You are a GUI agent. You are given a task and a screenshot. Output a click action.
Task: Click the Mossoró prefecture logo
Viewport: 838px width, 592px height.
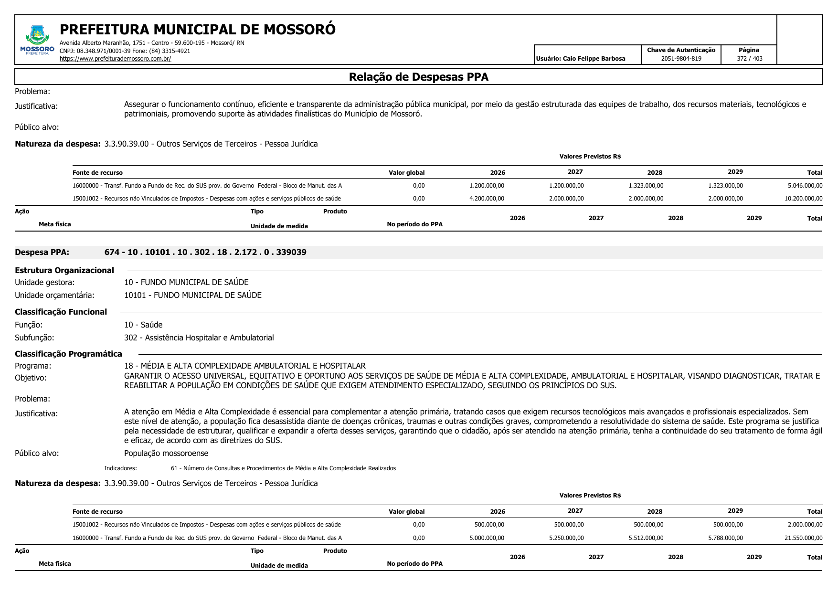point(37,41)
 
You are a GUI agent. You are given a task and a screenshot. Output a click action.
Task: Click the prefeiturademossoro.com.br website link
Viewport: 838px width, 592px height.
point(115,59)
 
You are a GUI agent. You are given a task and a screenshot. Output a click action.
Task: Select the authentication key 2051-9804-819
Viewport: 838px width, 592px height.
point(681,59)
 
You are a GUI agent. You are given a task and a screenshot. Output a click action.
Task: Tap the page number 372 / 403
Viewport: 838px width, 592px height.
point(749,59)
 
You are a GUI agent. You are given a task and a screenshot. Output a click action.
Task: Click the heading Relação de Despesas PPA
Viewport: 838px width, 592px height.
point(418,77)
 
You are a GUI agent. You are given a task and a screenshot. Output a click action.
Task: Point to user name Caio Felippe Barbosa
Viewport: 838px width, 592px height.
point(580,59)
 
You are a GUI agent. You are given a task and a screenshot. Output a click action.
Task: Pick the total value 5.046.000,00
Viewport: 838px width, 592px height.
point(805,186)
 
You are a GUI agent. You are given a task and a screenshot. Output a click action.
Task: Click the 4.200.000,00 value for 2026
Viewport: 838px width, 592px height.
point(487,199)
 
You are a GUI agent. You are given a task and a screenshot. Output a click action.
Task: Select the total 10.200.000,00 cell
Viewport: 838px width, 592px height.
point(803,199)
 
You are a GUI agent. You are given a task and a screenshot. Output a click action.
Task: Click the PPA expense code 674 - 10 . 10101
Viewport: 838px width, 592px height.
point(205,252)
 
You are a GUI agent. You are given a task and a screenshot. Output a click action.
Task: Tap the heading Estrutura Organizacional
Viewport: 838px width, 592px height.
point(64,270)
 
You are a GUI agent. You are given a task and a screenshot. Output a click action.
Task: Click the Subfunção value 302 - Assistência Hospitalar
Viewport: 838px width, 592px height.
point(199,338)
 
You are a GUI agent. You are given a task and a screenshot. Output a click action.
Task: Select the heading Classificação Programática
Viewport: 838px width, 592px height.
point(68,354)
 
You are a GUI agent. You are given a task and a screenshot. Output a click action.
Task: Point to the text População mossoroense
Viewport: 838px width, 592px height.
point(166,453)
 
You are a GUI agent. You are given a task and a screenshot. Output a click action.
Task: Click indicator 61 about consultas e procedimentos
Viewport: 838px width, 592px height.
point(283,468)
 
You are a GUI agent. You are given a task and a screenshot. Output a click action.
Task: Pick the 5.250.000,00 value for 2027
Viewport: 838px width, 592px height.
point(566,538)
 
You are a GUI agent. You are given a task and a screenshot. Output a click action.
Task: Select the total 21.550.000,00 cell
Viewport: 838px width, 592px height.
point(803,538)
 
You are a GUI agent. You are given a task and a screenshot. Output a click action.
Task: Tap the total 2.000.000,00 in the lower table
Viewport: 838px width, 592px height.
point(805,525)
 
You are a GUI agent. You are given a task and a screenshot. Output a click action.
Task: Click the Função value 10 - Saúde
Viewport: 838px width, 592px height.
point(143,325)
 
